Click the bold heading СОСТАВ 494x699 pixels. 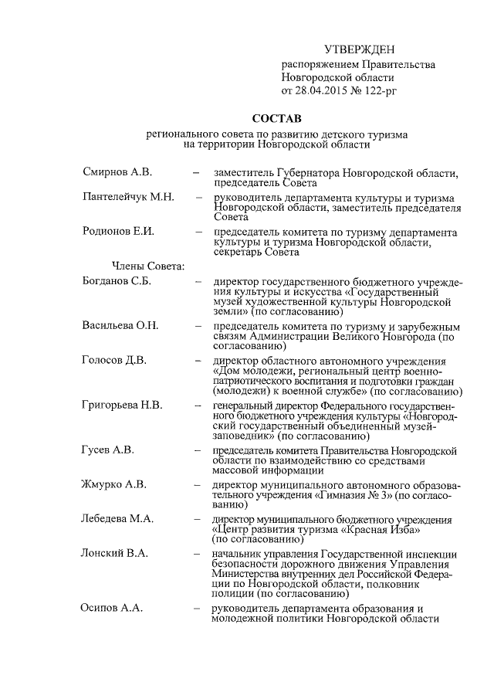pyautogui.click(x=276, y=120)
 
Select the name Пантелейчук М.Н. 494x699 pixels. pyautogui.click(x=128, y=198)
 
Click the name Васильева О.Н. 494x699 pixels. pyautogui.click(x=120, y=325)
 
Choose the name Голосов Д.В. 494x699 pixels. pyautogui.click(x=114, y=360)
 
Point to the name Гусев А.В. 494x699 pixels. pyautogui.click(x=108, y=450)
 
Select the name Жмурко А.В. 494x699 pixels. pyautogui.click(x=113, y=484)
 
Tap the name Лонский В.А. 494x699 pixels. pyautogui.click(x=115, y=553)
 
